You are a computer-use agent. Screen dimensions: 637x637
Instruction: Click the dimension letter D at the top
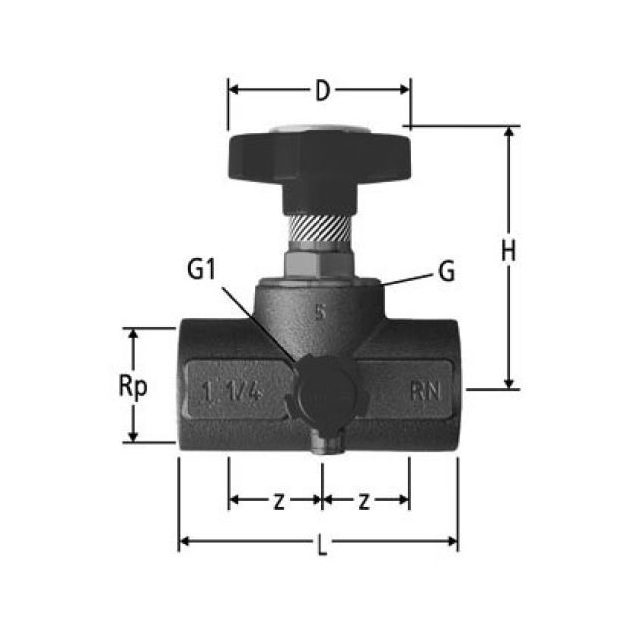point(320,91)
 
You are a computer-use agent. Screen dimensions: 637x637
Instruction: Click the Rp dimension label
point(132,386)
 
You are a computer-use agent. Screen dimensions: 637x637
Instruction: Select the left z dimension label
point(278,501)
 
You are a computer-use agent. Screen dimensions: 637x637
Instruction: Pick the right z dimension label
point(364,501)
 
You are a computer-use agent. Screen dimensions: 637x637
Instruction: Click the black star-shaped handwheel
point(318,158)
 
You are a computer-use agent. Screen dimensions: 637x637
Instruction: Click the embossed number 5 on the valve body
point(319,310)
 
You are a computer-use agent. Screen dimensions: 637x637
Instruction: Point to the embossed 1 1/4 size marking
point(229,392)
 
